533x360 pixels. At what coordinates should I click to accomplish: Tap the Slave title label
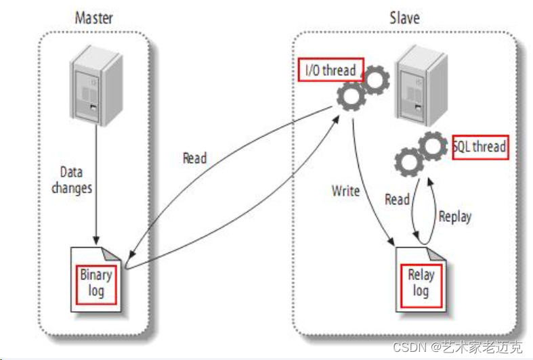click(404, 16)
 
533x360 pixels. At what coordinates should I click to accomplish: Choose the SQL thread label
click(480, 146)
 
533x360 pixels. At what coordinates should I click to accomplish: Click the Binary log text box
click(96, 283)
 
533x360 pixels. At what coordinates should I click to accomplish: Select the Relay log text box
click(421, 283)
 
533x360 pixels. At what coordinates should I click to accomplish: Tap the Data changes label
click(71, 180)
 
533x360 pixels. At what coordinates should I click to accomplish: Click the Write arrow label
click(345, 191)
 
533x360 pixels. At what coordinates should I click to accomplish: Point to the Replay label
click(454, 217)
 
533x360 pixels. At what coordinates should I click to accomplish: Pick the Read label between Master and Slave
click(194, 158)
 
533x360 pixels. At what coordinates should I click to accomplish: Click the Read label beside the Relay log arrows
click(397, 199)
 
